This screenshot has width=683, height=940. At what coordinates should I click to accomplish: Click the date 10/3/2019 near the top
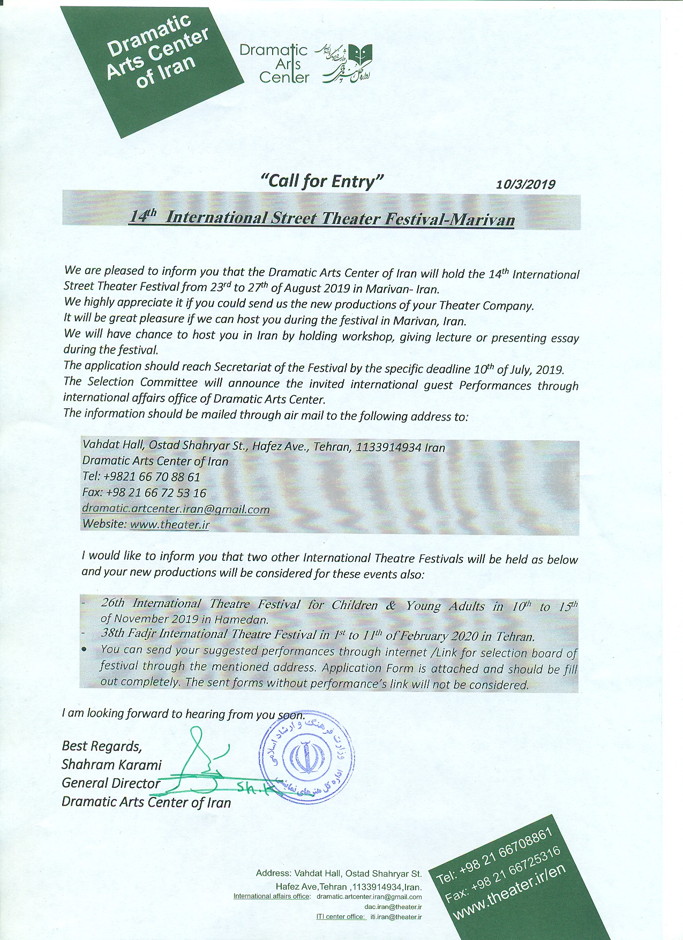coord(525,184)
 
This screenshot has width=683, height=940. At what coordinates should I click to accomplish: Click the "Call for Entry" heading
coord(321,181)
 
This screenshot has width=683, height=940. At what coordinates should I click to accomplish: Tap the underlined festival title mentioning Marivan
coord(322,218)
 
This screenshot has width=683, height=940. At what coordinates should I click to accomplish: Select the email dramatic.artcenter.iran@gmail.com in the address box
coord(176,509)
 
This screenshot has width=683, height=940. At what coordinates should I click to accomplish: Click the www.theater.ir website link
coord(169,524)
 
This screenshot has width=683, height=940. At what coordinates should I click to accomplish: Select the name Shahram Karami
coord(111,764)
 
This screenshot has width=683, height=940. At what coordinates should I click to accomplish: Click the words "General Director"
coord(111,783)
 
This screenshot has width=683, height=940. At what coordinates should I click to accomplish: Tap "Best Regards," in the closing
coord(102,746)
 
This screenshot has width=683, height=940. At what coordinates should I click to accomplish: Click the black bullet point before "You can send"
coord(85,649)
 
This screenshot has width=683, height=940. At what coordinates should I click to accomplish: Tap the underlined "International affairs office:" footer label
coord(272,896)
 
